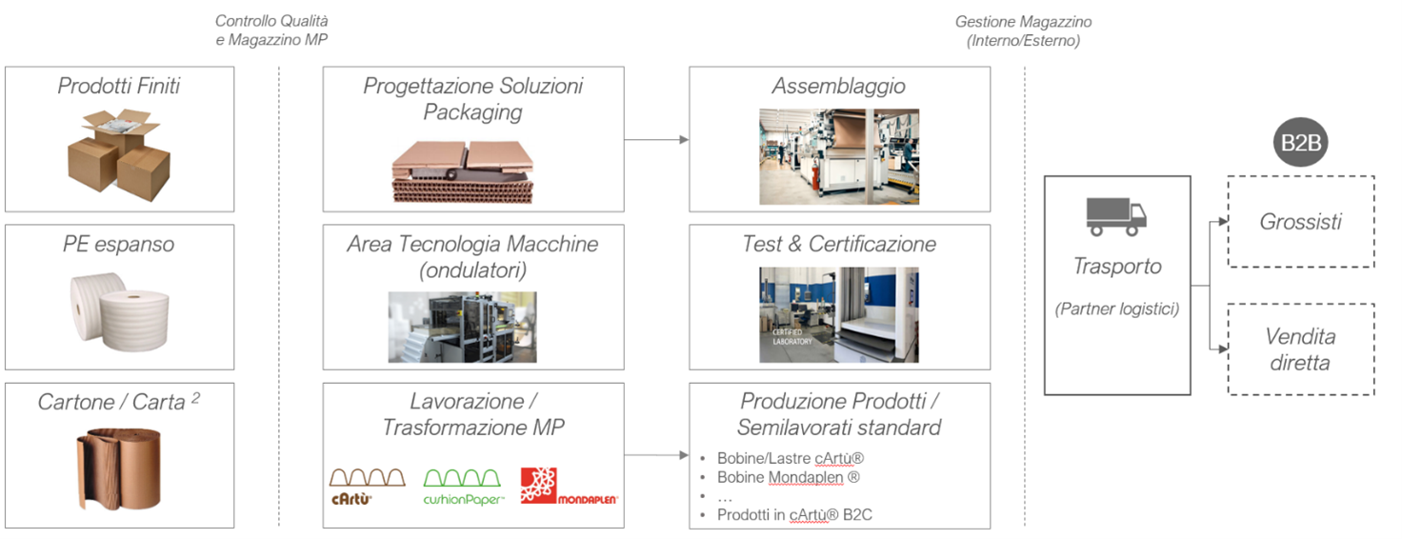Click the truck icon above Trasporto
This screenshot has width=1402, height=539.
1116,217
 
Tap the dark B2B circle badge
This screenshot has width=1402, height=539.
1301,144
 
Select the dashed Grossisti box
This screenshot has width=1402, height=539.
1300,222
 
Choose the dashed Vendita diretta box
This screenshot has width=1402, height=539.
1300,349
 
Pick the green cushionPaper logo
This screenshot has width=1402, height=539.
463,486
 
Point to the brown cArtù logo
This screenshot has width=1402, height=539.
367,486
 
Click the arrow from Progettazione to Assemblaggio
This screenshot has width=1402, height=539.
656,140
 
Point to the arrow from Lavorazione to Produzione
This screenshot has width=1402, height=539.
656,456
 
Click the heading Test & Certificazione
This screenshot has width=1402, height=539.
839,244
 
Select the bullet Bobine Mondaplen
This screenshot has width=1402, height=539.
781,477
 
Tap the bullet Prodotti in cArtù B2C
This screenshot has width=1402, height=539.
794,515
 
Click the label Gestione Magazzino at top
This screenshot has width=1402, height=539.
1023,21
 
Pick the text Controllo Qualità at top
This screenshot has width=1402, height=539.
272,20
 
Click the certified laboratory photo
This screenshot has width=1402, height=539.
839,314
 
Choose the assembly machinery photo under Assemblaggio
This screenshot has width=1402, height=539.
839,156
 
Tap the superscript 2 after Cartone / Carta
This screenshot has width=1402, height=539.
195,397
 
